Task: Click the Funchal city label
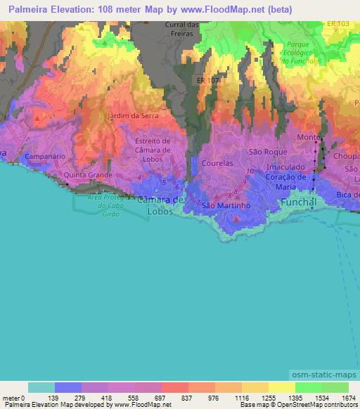(300, 202)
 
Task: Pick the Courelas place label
(218, 162)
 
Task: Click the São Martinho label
(226, 206)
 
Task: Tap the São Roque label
(265, 152)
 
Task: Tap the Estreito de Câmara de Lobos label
(153, 150)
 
